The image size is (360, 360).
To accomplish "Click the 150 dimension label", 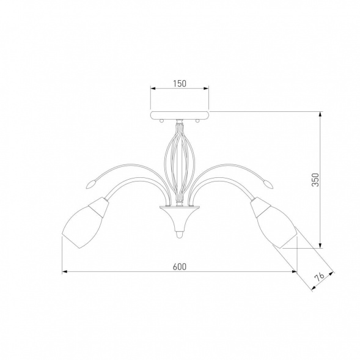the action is pos(180,84).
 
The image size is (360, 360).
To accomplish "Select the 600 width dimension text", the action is pos(180,266).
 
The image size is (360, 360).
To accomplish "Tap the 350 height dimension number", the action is pos(315,180).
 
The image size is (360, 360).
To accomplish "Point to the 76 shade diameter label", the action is pos(319,277).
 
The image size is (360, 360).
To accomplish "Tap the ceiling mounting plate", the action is pos(180,116).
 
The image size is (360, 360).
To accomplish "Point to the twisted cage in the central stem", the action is pos(180,163).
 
